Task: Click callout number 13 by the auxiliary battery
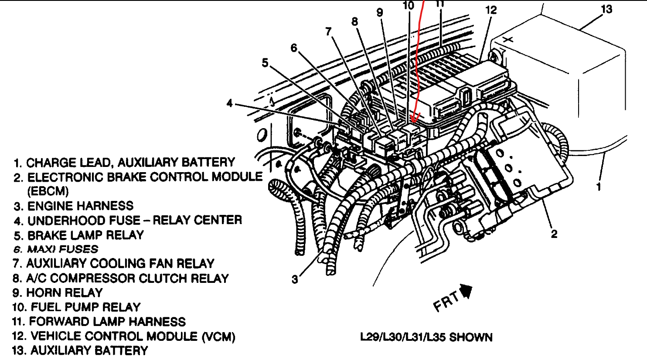(606, 9)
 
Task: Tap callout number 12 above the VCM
(491, 10)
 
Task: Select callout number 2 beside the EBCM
(554, 234)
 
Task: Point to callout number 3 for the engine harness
(295, 279)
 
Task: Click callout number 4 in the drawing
(230, 104)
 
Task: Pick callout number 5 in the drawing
(265, 63)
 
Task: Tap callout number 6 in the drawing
(294, 48)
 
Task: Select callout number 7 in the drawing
(328, 31)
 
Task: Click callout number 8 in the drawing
(354, 21)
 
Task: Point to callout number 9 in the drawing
(380, 13)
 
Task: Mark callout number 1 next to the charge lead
(599, 187)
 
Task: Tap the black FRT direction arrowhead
(467, 291)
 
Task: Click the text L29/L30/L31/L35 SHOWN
(426, 337)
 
